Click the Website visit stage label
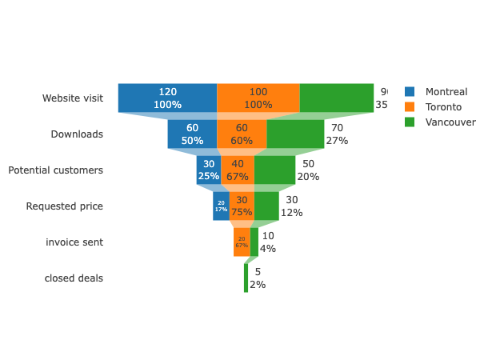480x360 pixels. [73, 98]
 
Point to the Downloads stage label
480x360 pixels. [77, 134]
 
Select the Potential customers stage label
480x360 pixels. [55, 170]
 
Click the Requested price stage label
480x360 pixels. [64, 206]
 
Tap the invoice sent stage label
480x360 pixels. [74, 242]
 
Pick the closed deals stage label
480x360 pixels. [74, 278]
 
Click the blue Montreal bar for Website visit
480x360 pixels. [167, 98]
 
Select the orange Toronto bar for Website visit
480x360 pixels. [258, 98]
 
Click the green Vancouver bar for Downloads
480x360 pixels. [295, 134]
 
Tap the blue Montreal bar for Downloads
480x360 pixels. [192, 134]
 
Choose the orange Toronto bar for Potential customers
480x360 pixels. [238, 170]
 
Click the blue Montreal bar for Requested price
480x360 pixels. [221, 206]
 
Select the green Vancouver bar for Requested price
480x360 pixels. [266, 206]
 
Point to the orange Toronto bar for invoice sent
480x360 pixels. [242, 242]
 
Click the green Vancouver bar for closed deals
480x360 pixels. [246, 278]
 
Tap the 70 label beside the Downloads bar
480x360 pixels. [337, 128]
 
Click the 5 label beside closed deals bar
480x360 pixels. [258, 272]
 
